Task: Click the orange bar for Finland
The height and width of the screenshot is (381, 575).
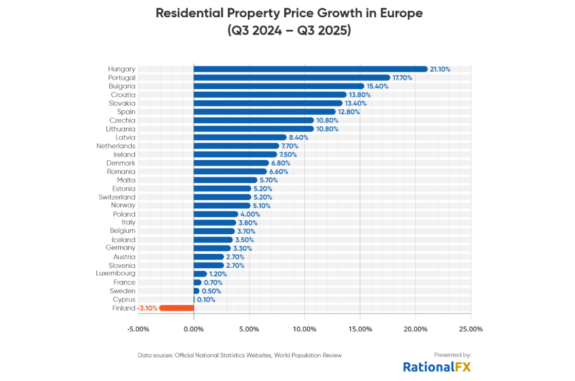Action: pyautogui.click(x=176, y=308)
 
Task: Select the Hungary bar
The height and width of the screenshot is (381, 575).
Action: pyautogui.click(x=310, y=69)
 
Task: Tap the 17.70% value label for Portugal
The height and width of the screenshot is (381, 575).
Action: pyautogui.click(x=402, y=78)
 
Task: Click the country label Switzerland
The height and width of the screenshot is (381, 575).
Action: pyautogui.click(x=117, y=197)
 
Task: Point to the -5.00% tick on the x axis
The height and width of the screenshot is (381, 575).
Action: pyautogui.click(x=138, y=329)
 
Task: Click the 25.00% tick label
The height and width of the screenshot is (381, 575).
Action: pyautogui.click(x=471, y=329)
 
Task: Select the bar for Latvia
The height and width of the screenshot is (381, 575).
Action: pyautogui.click(x=240, y=137)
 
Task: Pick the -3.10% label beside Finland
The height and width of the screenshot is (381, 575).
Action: pyautogui.click(x=147, y=308)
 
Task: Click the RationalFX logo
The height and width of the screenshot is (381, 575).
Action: pyautogui.click(x=437, y=367)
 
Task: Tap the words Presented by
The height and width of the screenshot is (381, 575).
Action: pyautogui.click(x=452, y=355)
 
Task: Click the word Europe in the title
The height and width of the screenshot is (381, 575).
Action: pyautogui.click(x=399, y=13)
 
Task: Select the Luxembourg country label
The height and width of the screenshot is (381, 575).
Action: pyautogui.click(x=115, y=274)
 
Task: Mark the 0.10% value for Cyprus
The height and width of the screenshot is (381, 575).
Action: pyautogui.click(x=206, y=299)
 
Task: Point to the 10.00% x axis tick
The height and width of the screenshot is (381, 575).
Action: pyautogui.click(x=304, y=329)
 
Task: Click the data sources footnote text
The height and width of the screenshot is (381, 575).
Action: pyautogui.click(x=240, y=356)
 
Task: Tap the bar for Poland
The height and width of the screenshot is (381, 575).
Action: pyautogui.click(x=216, y=214)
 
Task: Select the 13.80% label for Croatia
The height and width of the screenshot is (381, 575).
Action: pyautogui.click(x=358, y=95)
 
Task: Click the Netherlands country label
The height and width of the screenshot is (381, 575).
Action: pyautogui.click(x=115, y=146)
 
